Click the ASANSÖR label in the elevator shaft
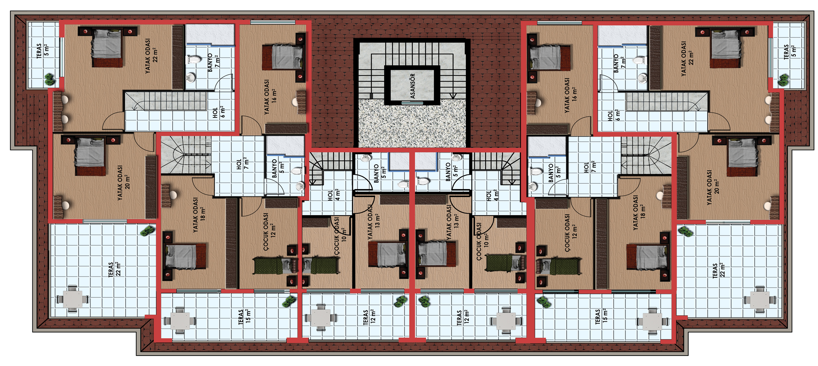coord(413,86)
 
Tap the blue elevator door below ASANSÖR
coord(413,103)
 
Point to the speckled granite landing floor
coord(412,123)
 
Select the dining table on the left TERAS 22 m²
coord(72,299)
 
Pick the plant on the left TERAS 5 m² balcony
coord(50,79)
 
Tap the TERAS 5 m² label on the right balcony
coord(790,52)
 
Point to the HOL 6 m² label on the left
coord(219,112)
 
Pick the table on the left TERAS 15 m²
coord(180,321)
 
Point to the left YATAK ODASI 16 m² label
coord(270,97)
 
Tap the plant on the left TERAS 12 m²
coord(401,301)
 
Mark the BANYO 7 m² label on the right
coord(620,63)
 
